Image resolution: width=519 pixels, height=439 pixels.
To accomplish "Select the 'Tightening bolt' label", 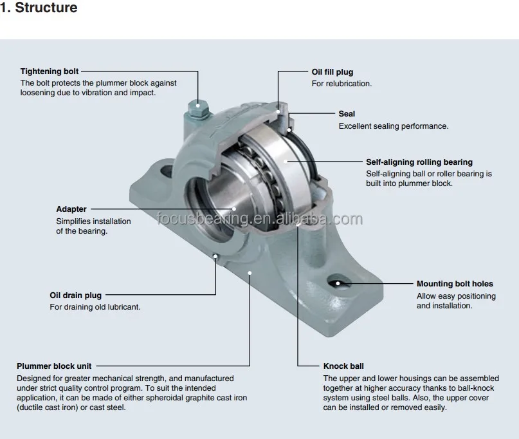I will tap(50, 71).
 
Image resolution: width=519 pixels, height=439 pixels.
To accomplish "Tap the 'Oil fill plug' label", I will tap(332, 72).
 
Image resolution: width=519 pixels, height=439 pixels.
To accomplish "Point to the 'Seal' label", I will tap(347, 114).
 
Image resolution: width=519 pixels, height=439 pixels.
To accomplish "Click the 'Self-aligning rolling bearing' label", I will tap(419, 162).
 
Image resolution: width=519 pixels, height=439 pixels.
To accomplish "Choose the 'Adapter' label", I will tap(71, 209).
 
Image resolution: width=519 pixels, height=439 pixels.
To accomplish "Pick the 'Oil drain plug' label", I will tap(75, 295).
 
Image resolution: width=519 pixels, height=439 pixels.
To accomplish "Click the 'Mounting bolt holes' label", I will tap(455, 283).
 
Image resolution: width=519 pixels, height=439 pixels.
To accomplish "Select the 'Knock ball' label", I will tap(343, 366).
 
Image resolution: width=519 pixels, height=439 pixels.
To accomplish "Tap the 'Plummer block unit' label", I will tap(54, 366).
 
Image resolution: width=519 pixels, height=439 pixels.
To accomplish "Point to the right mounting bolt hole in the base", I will tap(338, 282).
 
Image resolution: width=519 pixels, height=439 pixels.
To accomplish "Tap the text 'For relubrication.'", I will tap(341, 84).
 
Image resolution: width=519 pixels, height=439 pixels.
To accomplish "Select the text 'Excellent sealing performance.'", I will tap(393, 126).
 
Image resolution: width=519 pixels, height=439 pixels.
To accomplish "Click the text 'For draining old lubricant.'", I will tap(95, 307).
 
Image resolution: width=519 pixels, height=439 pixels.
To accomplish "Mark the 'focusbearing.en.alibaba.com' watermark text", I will tap(259, 219).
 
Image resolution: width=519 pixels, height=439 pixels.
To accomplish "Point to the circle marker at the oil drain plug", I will tap(215, 257).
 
